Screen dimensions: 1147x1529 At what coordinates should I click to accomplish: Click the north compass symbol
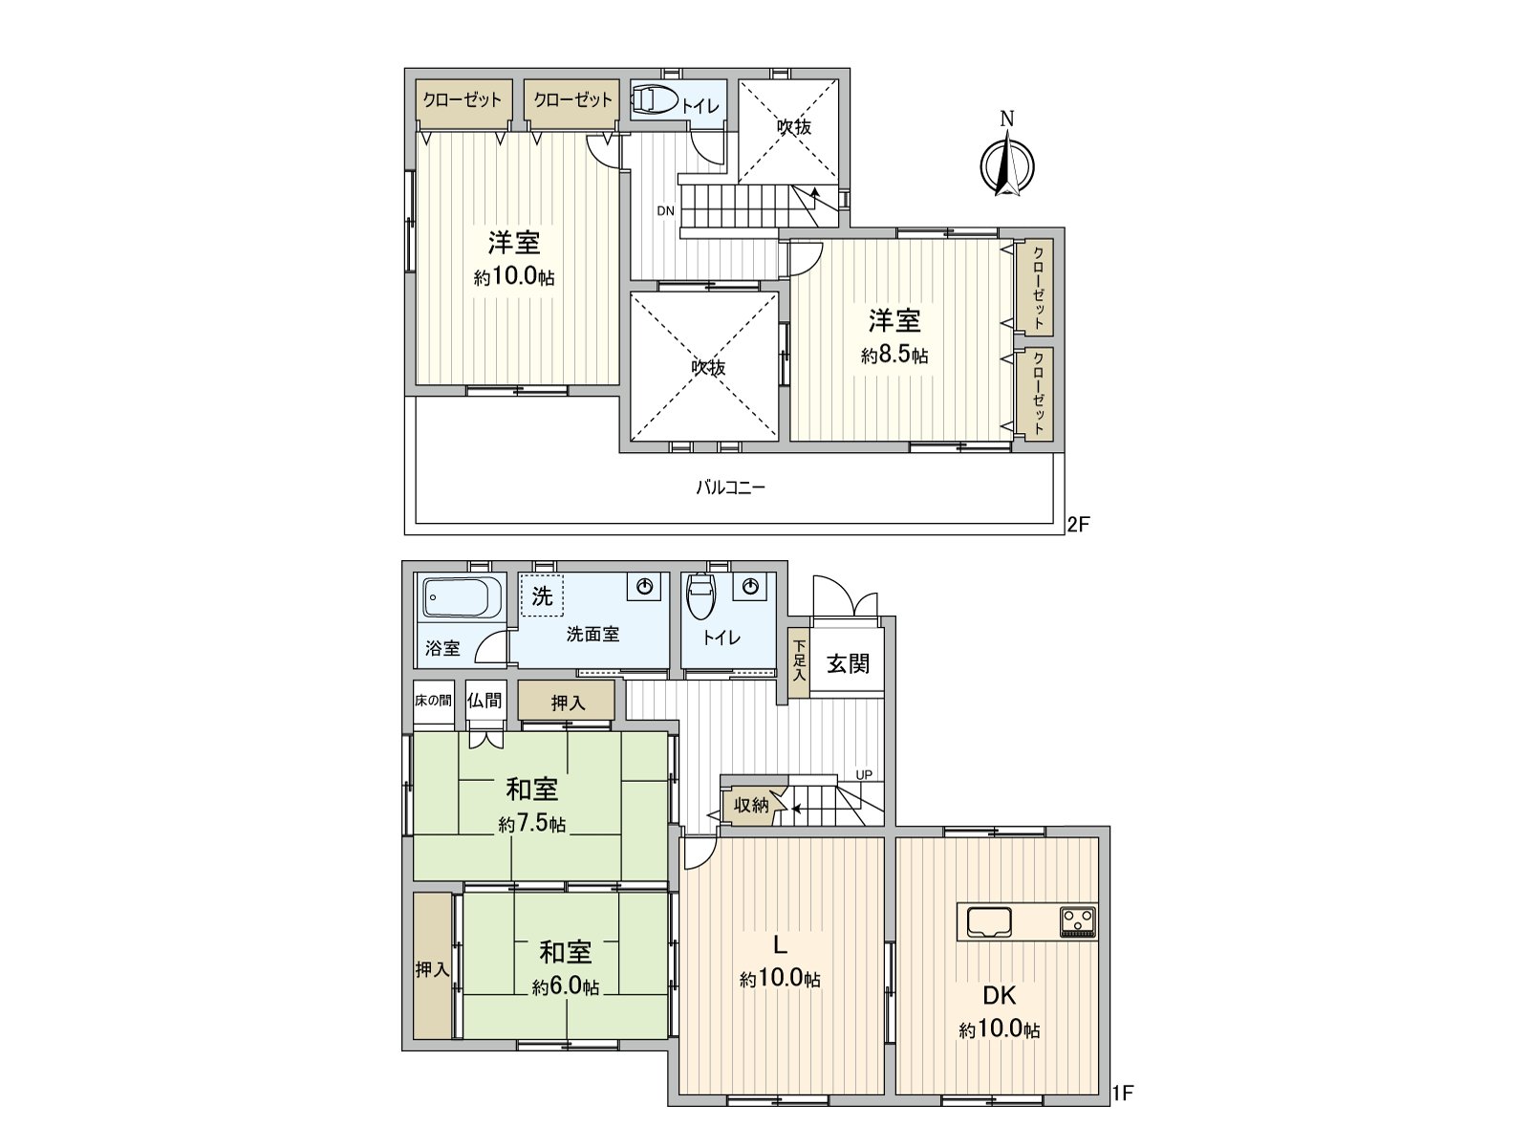coord(1006,162)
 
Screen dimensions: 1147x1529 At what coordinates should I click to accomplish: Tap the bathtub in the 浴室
coord(461,599)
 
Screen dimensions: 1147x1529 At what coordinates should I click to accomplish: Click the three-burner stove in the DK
coord(1078,922)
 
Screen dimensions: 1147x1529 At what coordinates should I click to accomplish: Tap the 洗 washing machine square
coord(542,596)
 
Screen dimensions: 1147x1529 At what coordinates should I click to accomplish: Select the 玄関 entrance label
coord(848,663)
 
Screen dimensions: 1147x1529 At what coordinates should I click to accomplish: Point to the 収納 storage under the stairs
coord(752,805)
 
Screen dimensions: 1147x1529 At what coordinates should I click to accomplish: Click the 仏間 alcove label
coord(485,700)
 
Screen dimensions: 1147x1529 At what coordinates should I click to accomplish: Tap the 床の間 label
coord(433,700)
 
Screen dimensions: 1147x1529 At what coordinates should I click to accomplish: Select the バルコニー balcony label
coord(730,487)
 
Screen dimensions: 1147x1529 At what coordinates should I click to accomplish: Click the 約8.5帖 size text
coord(894,356)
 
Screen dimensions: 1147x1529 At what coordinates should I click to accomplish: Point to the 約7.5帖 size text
coord(531,824)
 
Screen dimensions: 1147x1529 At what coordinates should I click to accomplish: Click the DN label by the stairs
coord(665,210)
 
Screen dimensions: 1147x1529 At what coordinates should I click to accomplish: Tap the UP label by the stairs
coord(863,774)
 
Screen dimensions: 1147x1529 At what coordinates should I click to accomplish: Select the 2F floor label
coord(1078,524)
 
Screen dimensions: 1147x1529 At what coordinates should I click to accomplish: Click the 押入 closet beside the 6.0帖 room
coord(432,968)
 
